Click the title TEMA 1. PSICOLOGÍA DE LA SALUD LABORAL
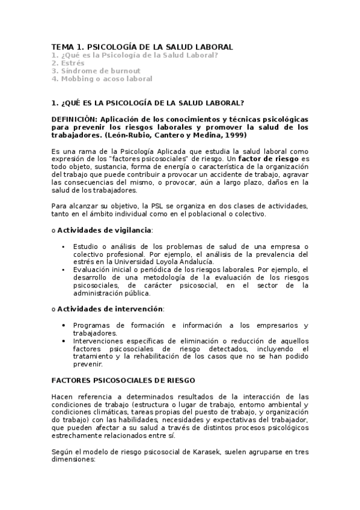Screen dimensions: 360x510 [x=142, y=47]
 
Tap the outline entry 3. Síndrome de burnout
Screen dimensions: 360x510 [x=96, y=70]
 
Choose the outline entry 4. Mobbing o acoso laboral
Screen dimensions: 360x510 [x=102, y=78]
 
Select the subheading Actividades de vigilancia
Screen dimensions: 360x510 [x=104, y=230]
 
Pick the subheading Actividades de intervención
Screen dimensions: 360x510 [x=109, y=309]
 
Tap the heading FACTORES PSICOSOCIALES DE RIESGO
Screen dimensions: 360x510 [x=123, y=381]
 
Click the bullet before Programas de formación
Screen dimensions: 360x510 [x=64, y=325]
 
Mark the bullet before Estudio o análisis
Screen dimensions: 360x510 [x=64, y=247]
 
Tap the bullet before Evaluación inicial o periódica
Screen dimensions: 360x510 [x=64, y=270]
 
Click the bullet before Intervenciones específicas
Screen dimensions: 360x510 [x=64, y=341]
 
